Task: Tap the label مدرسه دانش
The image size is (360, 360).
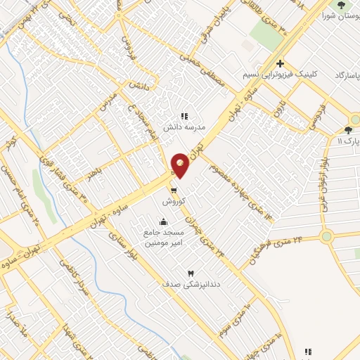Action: tap(184, 128)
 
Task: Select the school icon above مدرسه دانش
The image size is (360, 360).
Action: tap(184, 116)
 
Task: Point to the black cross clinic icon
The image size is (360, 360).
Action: tap(280, 63)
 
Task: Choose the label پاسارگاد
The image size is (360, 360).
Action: tap(347, 75)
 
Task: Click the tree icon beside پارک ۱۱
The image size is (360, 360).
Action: tap(348, 130)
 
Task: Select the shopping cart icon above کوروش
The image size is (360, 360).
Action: tap(174, 189)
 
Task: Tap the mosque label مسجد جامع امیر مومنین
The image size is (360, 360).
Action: tap(164, 238)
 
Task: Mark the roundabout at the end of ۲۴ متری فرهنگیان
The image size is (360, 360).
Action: tap(326, 236)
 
